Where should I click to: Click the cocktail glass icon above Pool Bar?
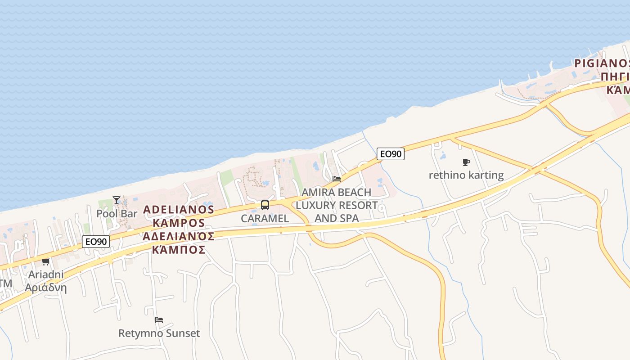tap(117, 200)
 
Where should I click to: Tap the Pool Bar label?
tap(117, 213)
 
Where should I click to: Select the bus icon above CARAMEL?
tap(265, 205)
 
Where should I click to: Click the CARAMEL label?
tap(265, 218)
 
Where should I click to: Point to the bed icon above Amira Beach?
tap(337, 179)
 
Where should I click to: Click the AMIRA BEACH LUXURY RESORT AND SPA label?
tap(337, 205)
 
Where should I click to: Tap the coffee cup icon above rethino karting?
tap(466, 162)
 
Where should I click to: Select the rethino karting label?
tap(466, 175)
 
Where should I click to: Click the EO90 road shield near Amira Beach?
tap(391, 154)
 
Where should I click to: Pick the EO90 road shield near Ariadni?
tap(96, 242)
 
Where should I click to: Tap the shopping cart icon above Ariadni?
tap(45, 261)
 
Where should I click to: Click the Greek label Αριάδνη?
tap(45, 288)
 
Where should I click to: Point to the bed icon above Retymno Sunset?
tap(159, 320)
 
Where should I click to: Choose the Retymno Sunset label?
tap(159, 333)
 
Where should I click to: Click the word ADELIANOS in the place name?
tap(179, 210)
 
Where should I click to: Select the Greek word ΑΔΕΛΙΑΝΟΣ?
tap(179, 236)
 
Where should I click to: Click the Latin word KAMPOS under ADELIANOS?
tap(179, 223)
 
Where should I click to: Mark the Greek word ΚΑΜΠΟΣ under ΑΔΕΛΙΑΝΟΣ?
tap(179, 249)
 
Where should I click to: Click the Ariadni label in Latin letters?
tap(45, 274)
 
